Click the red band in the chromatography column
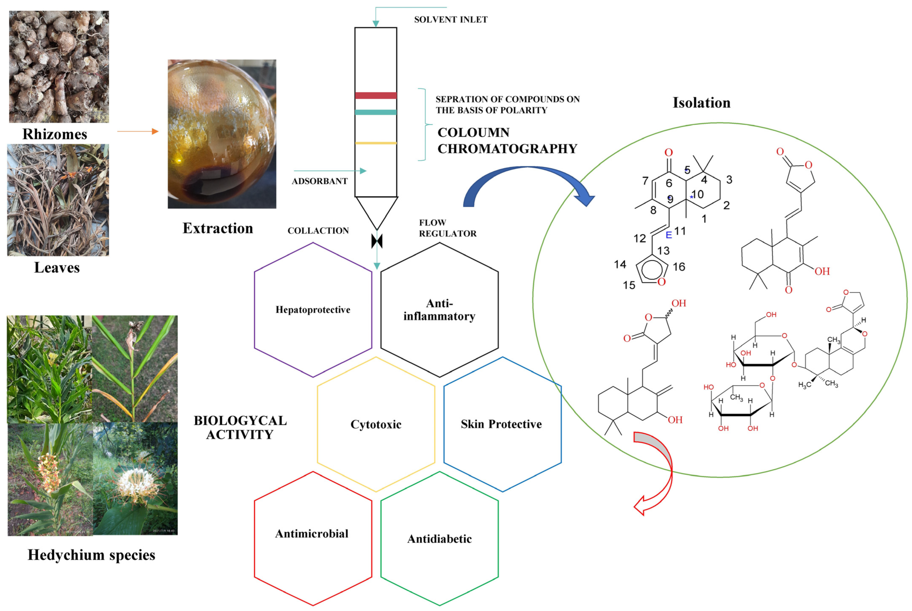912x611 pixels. coord(376,95)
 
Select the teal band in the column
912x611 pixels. coord(376,112)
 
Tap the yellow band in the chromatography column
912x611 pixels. coord(376,143)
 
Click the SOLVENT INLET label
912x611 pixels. coord(450,20)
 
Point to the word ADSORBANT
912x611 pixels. coord(319,181)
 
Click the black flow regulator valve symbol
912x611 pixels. coord(377,241)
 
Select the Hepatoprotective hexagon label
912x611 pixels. coord(313,310)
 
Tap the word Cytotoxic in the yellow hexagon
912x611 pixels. coord(376,424)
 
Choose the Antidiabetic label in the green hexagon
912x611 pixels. coord(439,539)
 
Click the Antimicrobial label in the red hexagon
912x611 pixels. coord(312,534)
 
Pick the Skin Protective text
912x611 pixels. coord(501,424)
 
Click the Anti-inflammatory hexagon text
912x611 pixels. coord(439,310)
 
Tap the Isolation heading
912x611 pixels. coord(701,103)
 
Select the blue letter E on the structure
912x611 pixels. coord(669,235)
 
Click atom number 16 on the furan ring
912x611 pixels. coord(679,267)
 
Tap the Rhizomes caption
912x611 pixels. coord(55,134)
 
